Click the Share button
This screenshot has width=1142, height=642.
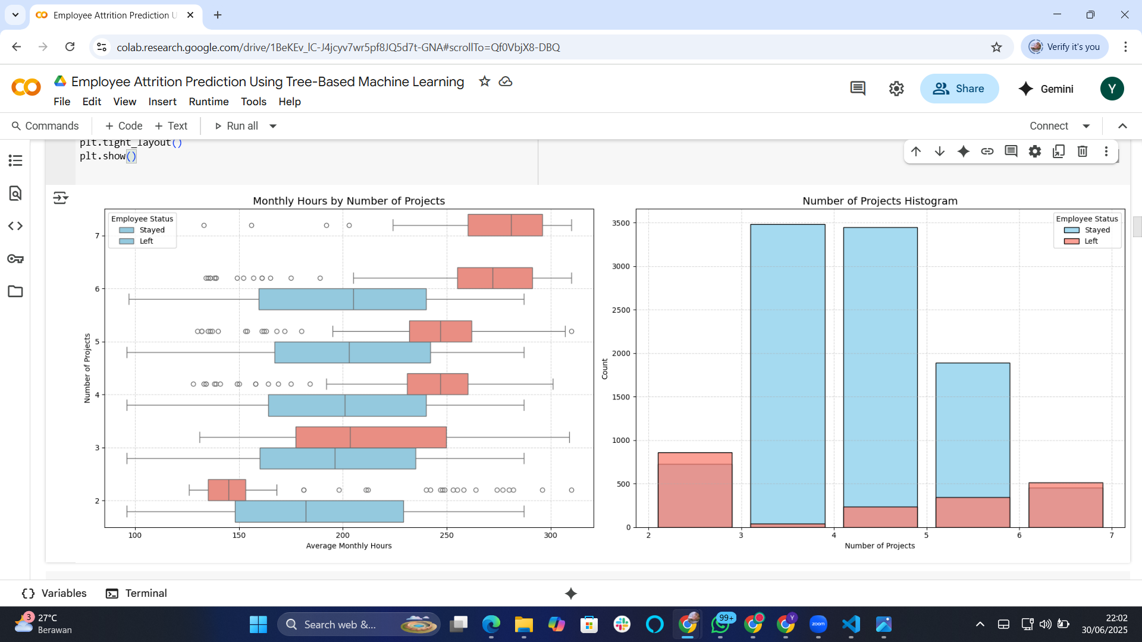point(959,89)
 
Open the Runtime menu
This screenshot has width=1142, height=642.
point(208,102)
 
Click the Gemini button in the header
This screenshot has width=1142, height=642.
point(1046,89)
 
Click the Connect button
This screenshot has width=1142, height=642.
point(1049,126)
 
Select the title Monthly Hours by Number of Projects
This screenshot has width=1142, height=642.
point(349,201)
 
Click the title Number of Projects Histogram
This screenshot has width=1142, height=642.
point(880,201)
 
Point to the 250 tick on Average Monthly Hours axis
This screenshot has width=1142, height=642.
point(446,535)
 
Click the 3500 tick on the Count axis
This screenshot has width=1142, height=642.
point(620,223)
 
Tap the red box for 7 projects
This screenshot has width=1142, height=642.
point(504,225)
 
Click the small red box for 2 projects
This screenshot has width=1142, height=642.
point(227,490)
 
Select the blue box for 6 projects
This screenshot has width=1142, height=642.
point(342,299)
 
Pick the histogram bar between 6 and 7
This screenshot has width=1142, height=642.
point(1065,505)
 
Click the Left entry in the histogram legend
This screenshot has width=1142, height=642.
point(1090,241)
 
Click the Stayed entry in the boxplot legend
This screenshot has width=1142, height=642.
point(152,230)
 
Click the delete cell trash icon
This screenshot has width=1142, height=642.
point(1082,152)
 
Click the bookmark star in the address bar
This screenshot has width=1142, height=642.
point(996,47)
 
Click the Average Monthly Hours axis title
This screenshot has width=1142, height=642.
point(349,546)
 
